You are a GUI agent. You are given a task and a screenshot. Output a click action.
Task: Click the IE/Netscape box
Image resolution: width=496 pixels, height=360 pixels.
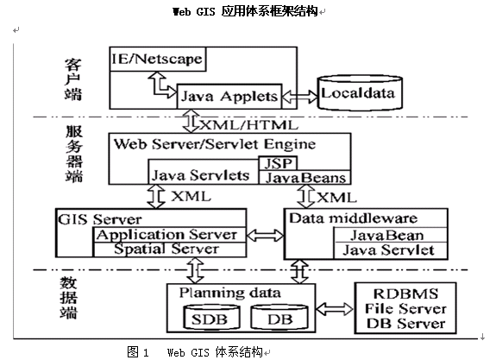[x=158, y=60]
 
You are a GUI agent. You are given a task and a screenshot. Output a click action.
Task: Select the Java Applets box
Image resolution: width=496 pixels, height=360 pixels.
[x=229, y=97]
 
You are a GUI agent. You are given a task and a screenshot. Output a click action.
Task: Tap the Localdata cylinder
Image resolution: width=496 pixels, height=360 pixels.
[x=360, y=92]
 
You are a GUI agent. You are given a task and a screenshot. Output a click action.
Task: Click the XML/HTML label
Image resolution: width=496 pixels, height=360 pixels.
[x=248, y=125]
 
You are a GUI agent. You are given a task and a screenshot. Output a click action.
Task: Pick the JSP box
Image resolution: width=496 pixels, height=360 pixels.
[x=278, y=163]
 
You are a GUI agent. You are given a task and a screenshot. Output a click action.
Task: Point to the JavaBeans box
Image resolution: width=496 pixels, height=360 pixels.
[x=305, y=178]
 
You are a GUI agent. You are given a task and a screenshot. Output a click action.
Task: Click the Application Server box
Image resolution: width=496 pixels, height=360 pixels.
[x=170, y=235]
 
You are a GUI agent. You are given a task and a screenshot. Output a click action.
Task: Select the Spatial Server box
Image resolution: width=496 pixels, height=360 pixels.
[x=170, y=249]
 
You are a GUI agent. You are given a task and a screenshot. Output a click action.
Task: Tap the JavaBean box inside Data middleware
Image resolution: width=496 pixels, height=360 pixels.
[x=391, y=235]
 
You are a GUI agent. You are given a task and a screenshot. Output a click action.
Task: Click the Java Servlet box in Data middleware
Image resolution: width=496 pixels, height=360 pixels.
[x=391, y=250]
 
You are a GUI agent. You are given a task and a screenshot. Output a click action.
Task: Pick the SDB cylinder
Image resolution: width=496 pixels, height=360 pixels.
[x=211, y=317]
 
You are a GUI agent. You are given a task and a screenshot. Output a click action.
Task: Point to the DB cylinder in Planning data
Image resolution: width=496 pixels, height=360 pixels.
[x=279, y=317]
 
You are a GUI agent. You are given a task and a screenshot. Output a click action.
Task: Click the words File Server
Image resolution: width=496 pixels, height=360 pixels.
[x=405, y=309]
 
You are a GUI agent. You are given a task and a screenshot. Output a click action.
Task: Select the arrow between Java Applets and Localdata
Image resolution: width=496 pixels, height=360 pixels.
[x=299, y=97]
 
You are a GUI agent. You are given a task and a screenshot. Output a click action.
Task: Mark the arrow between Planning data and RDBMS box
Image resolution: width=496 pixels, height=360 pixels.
[x=335, y=309]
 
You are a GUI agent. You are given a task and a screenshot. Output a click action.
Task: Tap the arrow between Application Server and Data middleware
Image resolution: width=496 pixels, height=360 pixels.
[x=265, y=235]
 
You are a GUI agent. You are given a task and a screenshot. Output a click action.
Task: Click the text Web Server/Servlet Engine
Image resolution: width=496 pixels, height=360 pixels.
[x=215, y=144]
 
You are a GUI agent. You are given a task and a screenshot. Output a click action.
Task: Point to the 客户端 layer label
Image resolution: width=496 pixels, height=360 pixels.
[x=73, y=79]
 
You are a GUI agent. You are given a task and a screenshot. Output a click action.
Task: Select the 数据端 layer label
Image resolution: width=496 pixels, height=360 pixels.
[x=68, y=298]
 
